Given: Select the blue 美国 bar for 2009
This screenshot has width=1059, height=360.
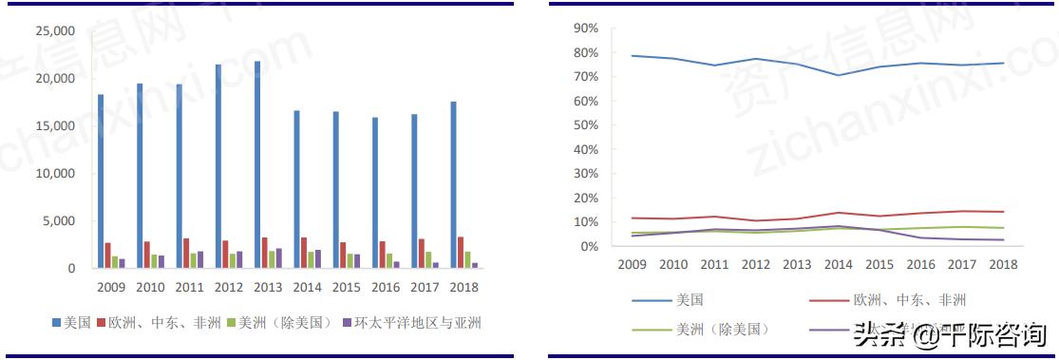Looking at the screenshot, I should tap(101, 180).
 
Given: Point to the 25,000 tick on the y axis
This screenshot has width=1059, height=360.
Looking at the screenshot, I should tap(55, 31).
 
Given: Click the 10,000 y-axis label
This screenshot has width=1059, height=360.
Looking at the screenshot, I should tap(55, 174).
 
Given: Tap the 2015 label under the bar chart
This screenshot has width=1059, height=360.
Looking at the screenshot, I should tap(347, 286).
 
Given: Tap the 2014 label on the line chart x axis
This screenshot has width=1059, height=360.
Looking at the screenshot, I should tap(837, 264).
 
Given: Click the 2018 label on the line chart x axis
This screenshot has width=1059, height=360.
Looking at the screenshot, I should tap(1003, 264).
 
